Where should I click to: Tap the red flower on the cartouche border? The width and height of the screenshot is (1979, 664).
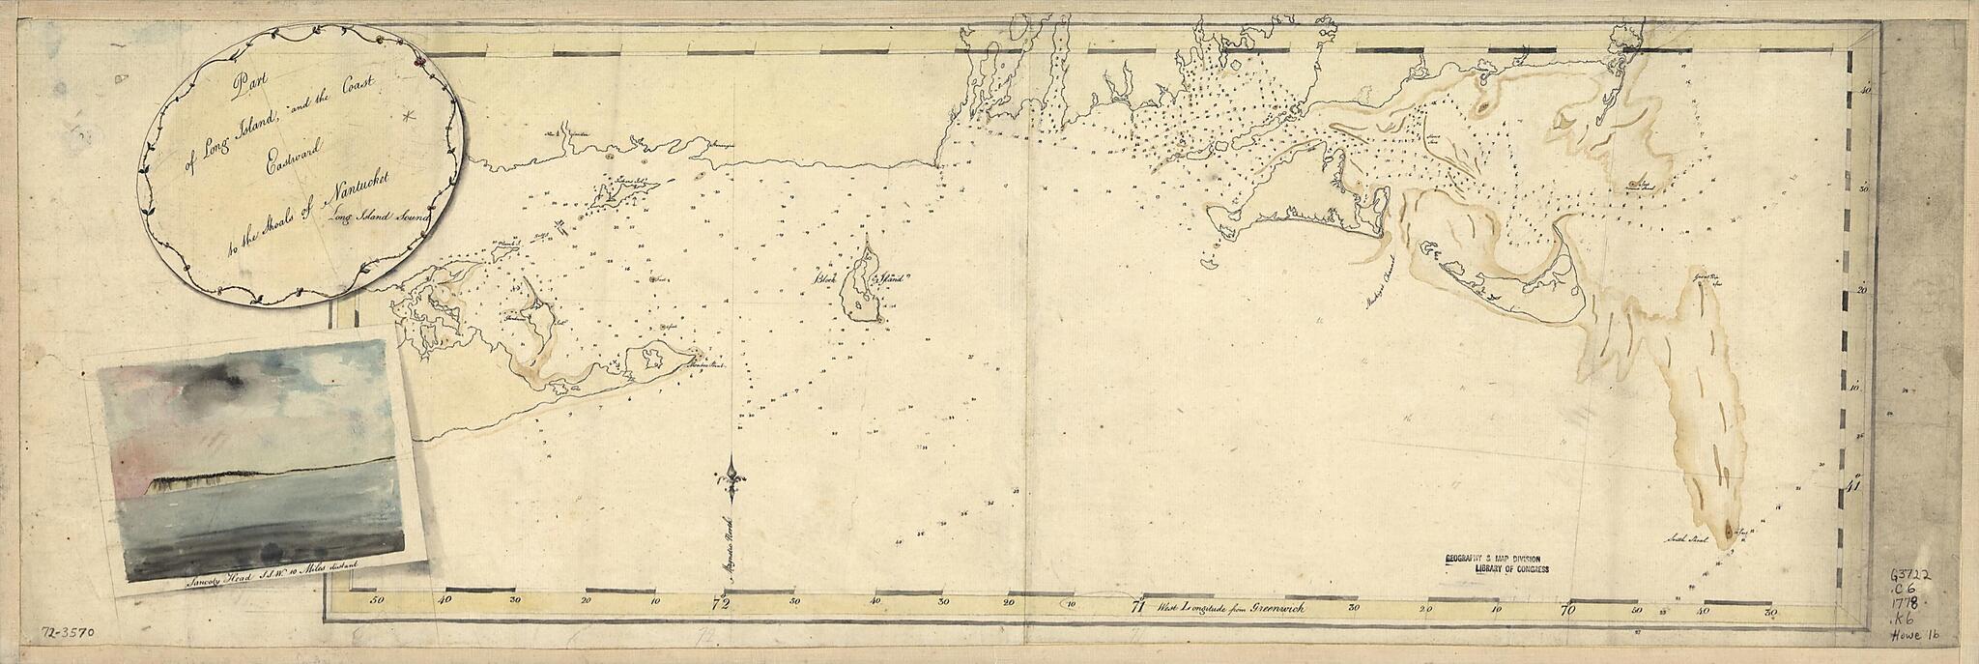pyautogui.click(x=418, y=61)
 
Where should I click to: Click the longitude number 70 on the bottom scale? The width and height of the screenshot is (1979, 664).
pyautogui.click(x=1568, y=610)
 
